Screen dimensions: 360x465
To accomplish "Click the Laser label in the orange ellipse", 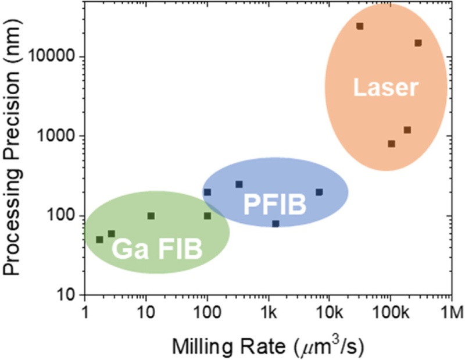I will (385, 88).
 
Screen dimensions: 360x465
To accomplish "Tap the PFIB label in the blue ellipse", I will (275, 204).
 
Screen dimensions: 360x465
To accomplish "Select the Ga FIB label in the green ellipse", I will (157, 249).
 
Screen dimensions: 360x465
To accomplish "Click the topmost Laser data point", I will (360, 26).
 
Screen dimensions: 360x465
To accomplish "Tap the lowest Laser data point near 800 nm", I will (391, 144).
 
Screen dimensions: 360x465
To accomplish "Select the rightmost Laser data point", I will (418, 43).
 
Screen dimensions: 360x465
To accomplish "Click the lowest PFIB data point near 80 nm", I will (276, 224).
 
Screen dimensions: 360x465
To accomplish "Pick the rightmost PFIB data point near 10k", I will (319, 192).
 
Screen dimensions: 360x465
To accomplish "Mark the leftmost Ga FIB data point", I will (99, 240).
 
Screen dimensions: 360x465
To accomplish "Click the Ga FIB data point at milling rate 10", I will (151, 216).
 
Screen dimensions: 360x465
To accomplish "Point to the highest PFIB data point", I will (239, 184).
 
